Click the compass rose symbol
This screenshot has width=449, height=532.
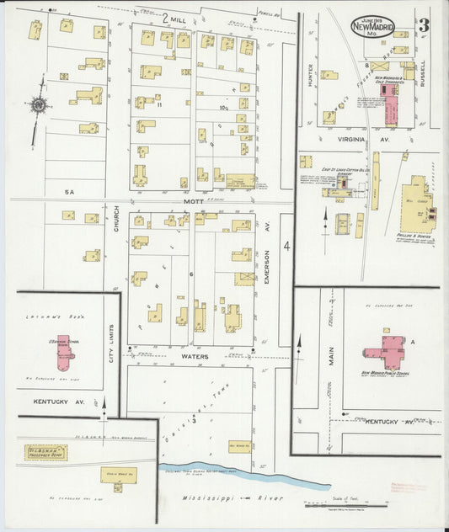coord(38,106)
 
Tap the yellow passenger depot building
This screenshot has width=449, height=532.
coord(46,453)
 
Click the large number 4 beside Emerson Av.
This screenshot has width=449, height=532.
coord(286,247)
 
